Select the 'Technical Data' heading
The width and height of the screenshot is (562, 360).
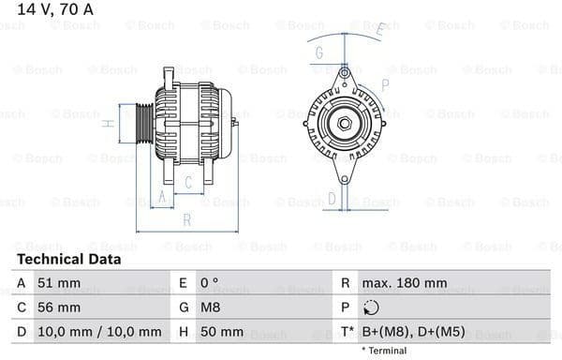tap(68, 259)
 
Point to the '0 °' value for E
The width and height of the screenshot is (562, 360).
tap(209, 283)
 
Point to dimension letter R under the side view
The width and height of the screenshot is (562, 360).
tap(187, 220)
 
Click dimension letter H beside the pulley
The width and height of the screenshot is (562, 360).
tap(109, 123)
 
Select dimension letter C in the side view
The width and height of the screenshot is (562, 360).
tap(188, 182)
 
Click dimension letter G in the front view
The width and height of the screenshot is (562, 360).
tap(319, 52)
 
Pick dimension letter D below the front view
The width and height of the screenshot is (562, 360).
tap(331, 198)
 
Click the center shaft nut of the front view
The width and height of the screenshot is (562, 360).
tap(344, 123)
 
